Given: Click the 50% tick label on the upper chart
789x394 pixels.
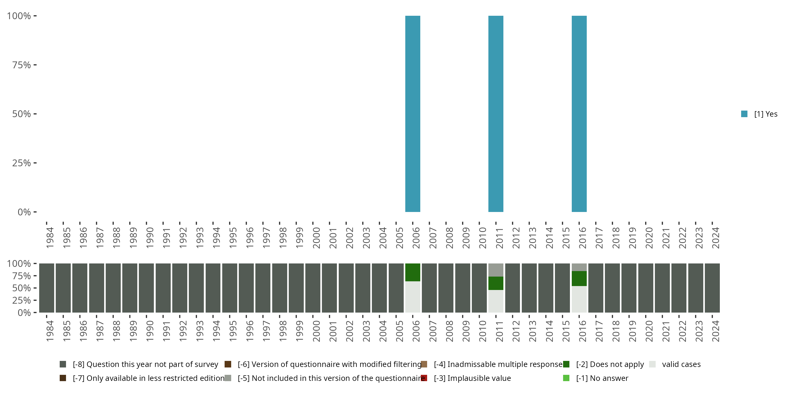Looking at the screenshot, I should pyautogui.click(x=22, y=114).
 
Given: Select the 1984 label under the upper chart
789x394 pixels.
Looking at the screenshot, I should pyautogui.click(x=50, y=238).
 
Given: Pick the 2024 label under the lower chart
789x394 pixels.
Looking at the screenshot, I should pyautogui.click(x=715, y=331).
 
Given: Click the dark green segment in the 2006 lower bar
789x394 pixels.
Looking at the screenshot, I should pyautogui.click(x=413, y=272).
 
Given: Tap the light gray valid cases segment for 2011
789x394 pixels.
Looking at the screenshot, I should pyautogui.click(x=495, y=301).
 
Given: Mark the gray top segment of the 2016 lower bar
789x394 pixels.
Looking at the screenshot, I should pyautogui.click(x=579, y=267).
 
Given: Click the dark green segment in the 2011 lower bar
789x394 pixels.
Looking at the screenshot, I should pyautogui.click(x=495, y=283).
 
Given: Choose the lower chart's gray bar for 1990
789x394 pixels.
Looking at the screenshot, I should pyautogui.click(x=146, y=288).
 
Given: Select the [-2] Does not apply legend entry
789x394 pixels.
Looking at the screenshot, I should pyautogui.click(x=610, y=364).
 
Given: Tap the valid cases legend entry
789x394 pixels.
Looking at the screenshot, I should pyautogui.click(x=681, y=364).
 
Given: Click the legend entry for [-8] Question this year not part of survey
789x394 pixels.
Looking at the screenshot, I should pyautogui.click(x=145, y=364).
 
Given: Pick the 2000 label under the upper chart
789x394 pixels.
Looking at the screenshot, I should pyautogui.click(x=316, y=238).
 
